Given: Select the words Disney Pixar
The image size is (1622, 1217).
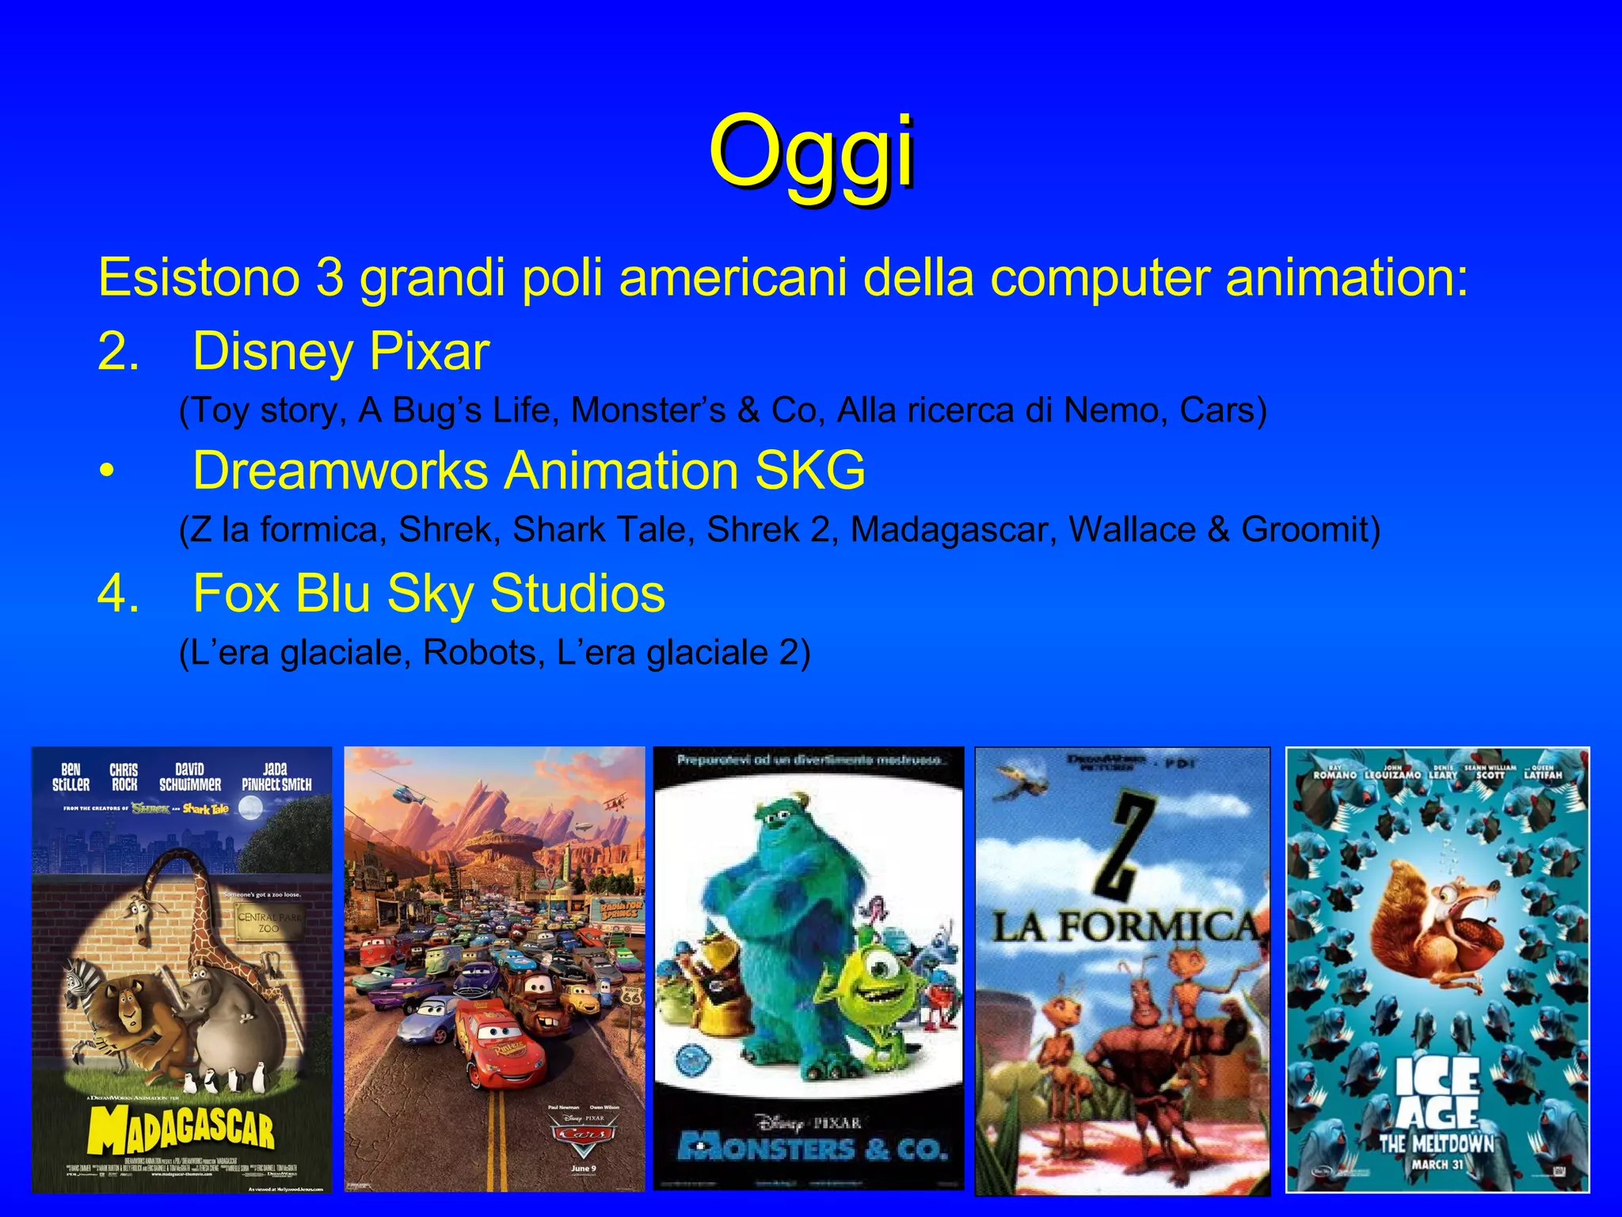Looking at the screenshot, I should (x=341, y=351).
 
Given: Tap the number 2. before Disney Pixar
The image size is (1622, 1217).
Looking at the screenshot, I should (x=118, y=351).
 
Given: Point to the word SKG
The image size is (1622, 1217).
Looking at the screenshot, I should (x=809, y=471).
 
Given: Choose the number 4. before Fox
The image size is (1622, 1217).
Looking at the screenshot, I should (x=118, y=593).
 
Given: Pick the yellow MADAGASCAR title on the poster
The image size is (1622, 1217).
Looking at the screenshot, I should (x=181, y=1127).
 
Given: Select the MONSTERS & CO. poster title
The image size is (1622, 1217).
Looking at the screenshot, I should (x=812, y=1148).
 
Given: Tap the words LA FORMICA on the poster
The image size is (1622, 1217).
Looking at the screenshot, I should (x=1125, y=927).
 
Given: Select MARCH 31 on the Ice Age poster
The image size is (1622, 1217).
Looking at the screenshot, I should (x=1437, y=1165).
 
